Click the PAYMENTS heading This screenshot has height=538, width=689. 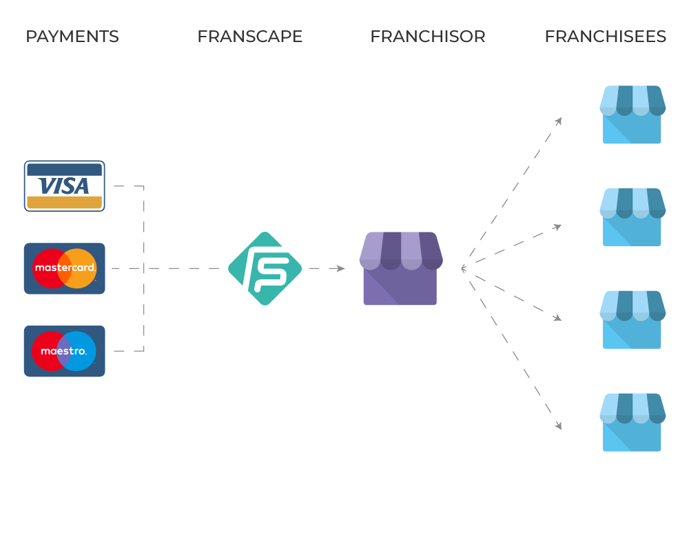tap(72, 37)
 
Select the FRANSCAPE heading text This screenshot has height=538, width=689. tap(250, 37)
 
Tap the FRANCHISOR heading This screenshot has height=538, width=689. tap(427, 37)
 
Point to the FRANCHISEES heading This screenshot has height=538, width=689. tap(605, 37)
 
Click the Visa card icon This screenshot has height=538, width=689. tap(64, 186)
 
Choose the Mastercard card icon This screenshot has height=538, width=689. tap(64, 268)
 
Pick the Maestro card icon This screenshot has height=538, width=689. tap(64, 351)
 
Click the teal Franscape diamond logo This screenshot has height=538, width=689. tap(265, 268)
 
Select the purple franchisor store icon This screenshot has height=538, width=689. tap(400, 268)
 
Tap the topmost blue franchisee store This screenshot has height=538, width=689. tap(632, 114)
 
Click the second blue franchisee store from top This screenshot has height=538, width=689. tap(632, 217)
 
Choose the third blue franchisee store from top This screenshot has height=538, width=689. tap(632, 319)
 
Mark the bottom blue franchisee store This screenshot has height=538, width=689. tap(632, 422)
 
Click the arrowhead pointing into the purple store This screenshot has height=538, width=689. tap(340, 268)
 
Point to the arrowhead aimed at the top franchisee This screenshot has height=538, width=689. tap(558, 121)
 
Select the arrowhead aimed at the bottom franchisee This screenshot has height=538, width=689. tap(558, 426)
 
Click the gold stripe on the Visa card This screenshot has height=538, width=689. tap(64, 202)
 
